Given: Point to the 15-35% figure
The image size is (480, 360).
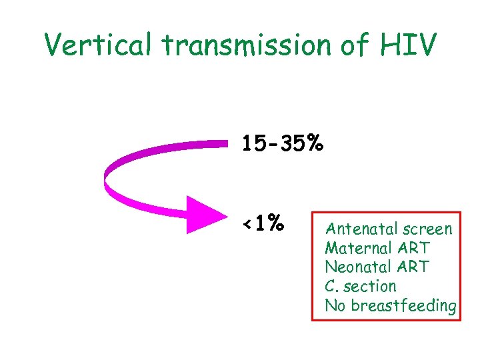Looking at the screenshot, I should (x=283, y=143).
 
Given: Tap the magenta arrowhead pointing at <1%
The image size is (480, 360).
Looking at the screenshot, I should (x=203, y=215).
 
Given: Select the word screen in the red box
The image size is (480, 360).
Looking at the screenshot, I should (x=426, y=229).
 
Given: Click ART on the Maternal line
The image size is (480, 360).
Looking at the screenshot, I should (x=414, y=248).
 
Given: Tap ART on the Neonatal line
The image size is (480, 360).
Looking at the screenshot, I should (x=414, y=267).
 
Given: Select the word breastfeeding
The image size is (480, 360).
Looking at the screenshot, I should (x=403, y=306).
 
